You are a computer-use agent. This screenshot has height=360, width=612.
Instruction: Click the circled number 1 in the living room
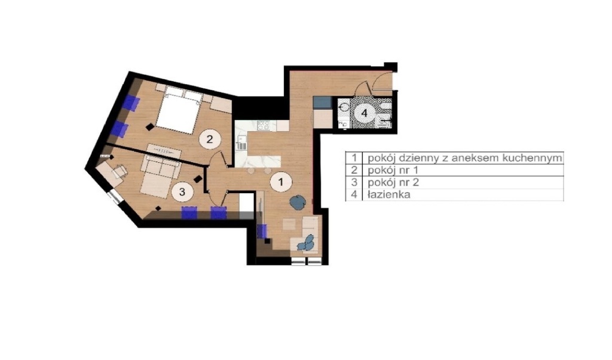click(x=280, y=182)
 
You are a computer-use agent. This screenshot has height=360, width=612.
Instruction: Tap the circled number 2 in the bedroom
click(x=210, y=139)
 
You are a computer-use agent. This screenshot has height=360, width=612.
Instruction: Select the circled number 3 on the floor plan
click(x=182, y=192)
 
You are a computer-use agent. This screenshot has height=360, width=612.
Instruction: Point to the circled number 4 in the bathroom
click(x=364, y=113)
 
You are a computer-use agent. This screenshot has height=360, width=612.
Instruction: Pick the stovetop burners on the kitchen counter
click(x=264, y=125)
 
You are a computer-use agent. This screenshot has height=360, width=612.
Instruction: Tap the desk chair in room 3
click(x=120, y=171)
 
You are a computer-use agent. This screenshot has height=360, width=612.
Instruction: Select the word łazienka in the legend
click(x=388, y=194)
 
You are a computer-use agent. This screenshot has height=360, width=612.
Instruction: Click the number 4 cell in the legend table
click(x=354, y=194)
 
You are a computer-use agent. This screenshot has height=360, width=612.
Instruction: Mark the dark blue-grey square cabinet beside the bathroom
click(x=322, y=102)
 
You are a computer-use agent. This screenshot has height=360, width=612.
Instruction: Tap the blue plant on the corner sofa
click(x=306, y=243)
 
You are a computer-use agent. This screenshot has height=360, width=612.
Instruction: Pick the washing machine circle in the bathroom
click(x=344, y=107)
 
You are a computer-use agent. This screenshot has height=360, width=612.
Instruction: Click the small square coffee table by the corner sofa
click(x=289, y=224)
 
